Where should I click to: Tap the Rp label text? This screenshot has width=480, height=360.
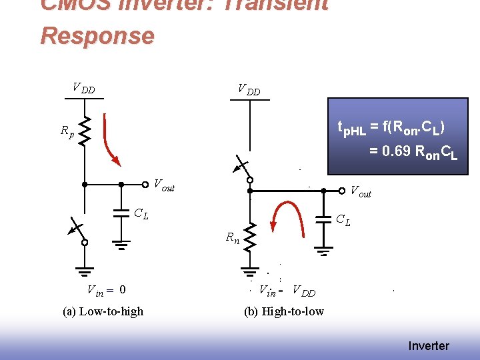point(67,132)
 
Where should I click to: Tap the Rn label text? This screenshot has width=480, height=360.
point(233,237)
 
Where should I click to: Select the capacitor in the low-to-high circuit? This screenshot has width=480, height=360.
point(121,213)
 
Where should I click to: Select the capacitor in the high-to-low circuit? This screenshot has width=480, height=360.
point(323,219)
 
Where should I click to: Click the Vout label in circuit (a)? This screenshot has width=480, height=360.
point(164,185)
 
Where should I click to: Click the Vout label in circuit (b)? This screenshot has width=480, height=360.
point(361,193)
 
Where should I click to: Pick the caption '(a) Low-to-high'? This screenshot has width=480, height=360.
point(103,311)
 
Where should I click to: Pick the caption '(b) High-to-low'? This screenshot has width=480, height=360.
point(284,311)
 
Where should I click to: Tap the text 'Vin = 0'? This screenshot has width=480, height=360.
point(107,289)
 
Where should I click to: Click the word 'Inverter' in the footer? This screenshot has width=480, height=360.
point(429,346)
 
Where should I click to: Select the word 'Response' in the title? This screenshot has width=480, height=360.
point(97,35)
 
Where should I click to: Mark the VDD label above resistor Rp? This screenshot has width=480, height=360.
point(83,88)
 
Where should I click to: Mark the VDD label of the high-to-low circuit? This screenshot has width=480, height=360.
point(249,90)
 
